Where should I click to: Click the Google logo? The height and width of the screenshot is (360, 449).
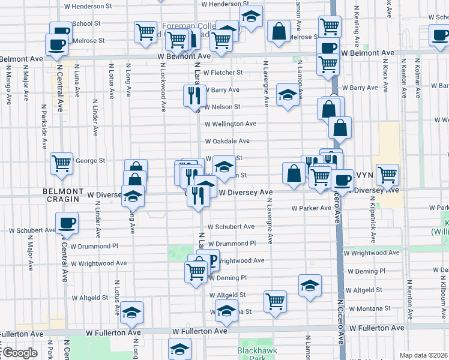coord(19,353)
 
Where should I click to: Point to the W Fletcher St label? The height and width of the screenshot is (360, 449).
coord(223,73)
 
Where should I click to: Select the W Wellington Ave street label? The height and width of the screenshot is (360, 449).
coord(231,124)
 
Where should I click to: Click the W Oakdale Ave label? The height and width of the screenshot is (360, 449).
coord(227,142)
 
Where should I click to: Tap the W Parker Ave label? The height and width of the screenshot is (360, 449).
coord(312,208)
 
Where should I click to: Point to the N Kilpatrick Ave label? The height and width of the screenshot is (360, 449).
coord(375,220)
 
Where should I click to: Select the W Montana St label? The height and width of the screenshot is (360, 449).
coord(370,308)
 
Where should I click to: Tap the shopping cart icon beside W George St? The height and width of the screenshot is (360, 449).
coord(62,163)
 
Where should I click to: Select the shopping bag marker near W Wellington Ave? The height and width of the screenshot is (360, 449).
coord(340,127)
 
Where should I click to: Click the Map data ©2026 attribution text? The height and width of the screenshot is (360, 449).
coord(424,355)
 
